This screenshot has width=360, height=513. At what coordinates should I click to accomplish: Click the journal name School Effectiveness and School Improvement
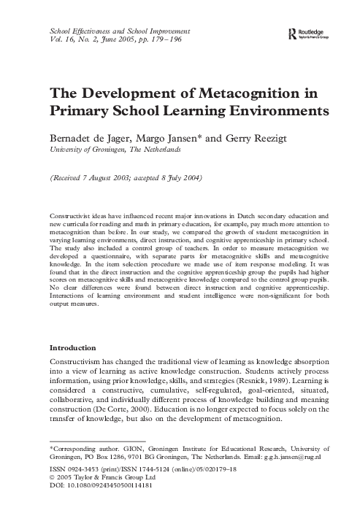tap(118, 31)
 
